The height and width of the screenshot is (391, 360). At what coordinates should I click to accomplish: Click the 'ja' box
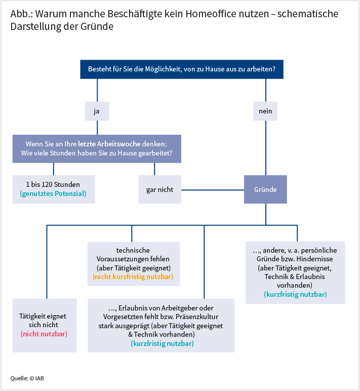tap(96, 111)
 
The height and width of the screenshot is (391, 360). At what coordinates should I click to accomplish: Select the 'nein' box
tap(265, 111)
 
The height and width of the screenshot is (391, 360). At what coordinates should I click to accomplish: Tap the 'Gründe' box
tap(265, 189)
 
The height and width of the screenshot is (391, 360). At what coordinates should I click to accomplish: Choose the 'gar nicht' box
tap(160, 189)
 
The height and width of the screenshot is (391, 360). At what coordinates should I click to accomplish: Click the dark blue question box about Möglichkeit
tap(181, 69)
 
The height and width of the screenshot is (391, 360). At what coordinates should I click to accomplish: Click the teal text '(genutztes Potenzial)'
tap(54, 194)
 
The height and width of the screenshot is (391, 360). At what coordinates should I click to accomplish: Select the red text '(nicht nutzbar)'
tap(44, 334)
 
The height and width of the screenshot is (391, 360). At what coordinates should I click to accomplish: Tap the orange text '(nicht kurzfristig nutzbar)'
tap(133, 277)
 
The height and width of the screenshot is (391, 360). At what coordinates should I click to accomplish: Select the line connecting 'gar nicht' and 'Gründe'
tap(213, 190)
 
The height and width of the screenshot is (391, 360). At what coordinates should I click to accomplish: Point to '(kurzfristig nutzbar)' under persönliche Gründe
tap(295, 294)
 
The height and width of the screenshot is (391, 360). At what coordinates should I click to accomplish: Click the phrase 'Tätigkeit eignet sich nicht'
tap(44, 321)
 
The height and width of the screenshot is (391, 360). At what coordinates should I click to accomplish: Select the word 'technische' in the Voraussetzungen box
tap(133, 250)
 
